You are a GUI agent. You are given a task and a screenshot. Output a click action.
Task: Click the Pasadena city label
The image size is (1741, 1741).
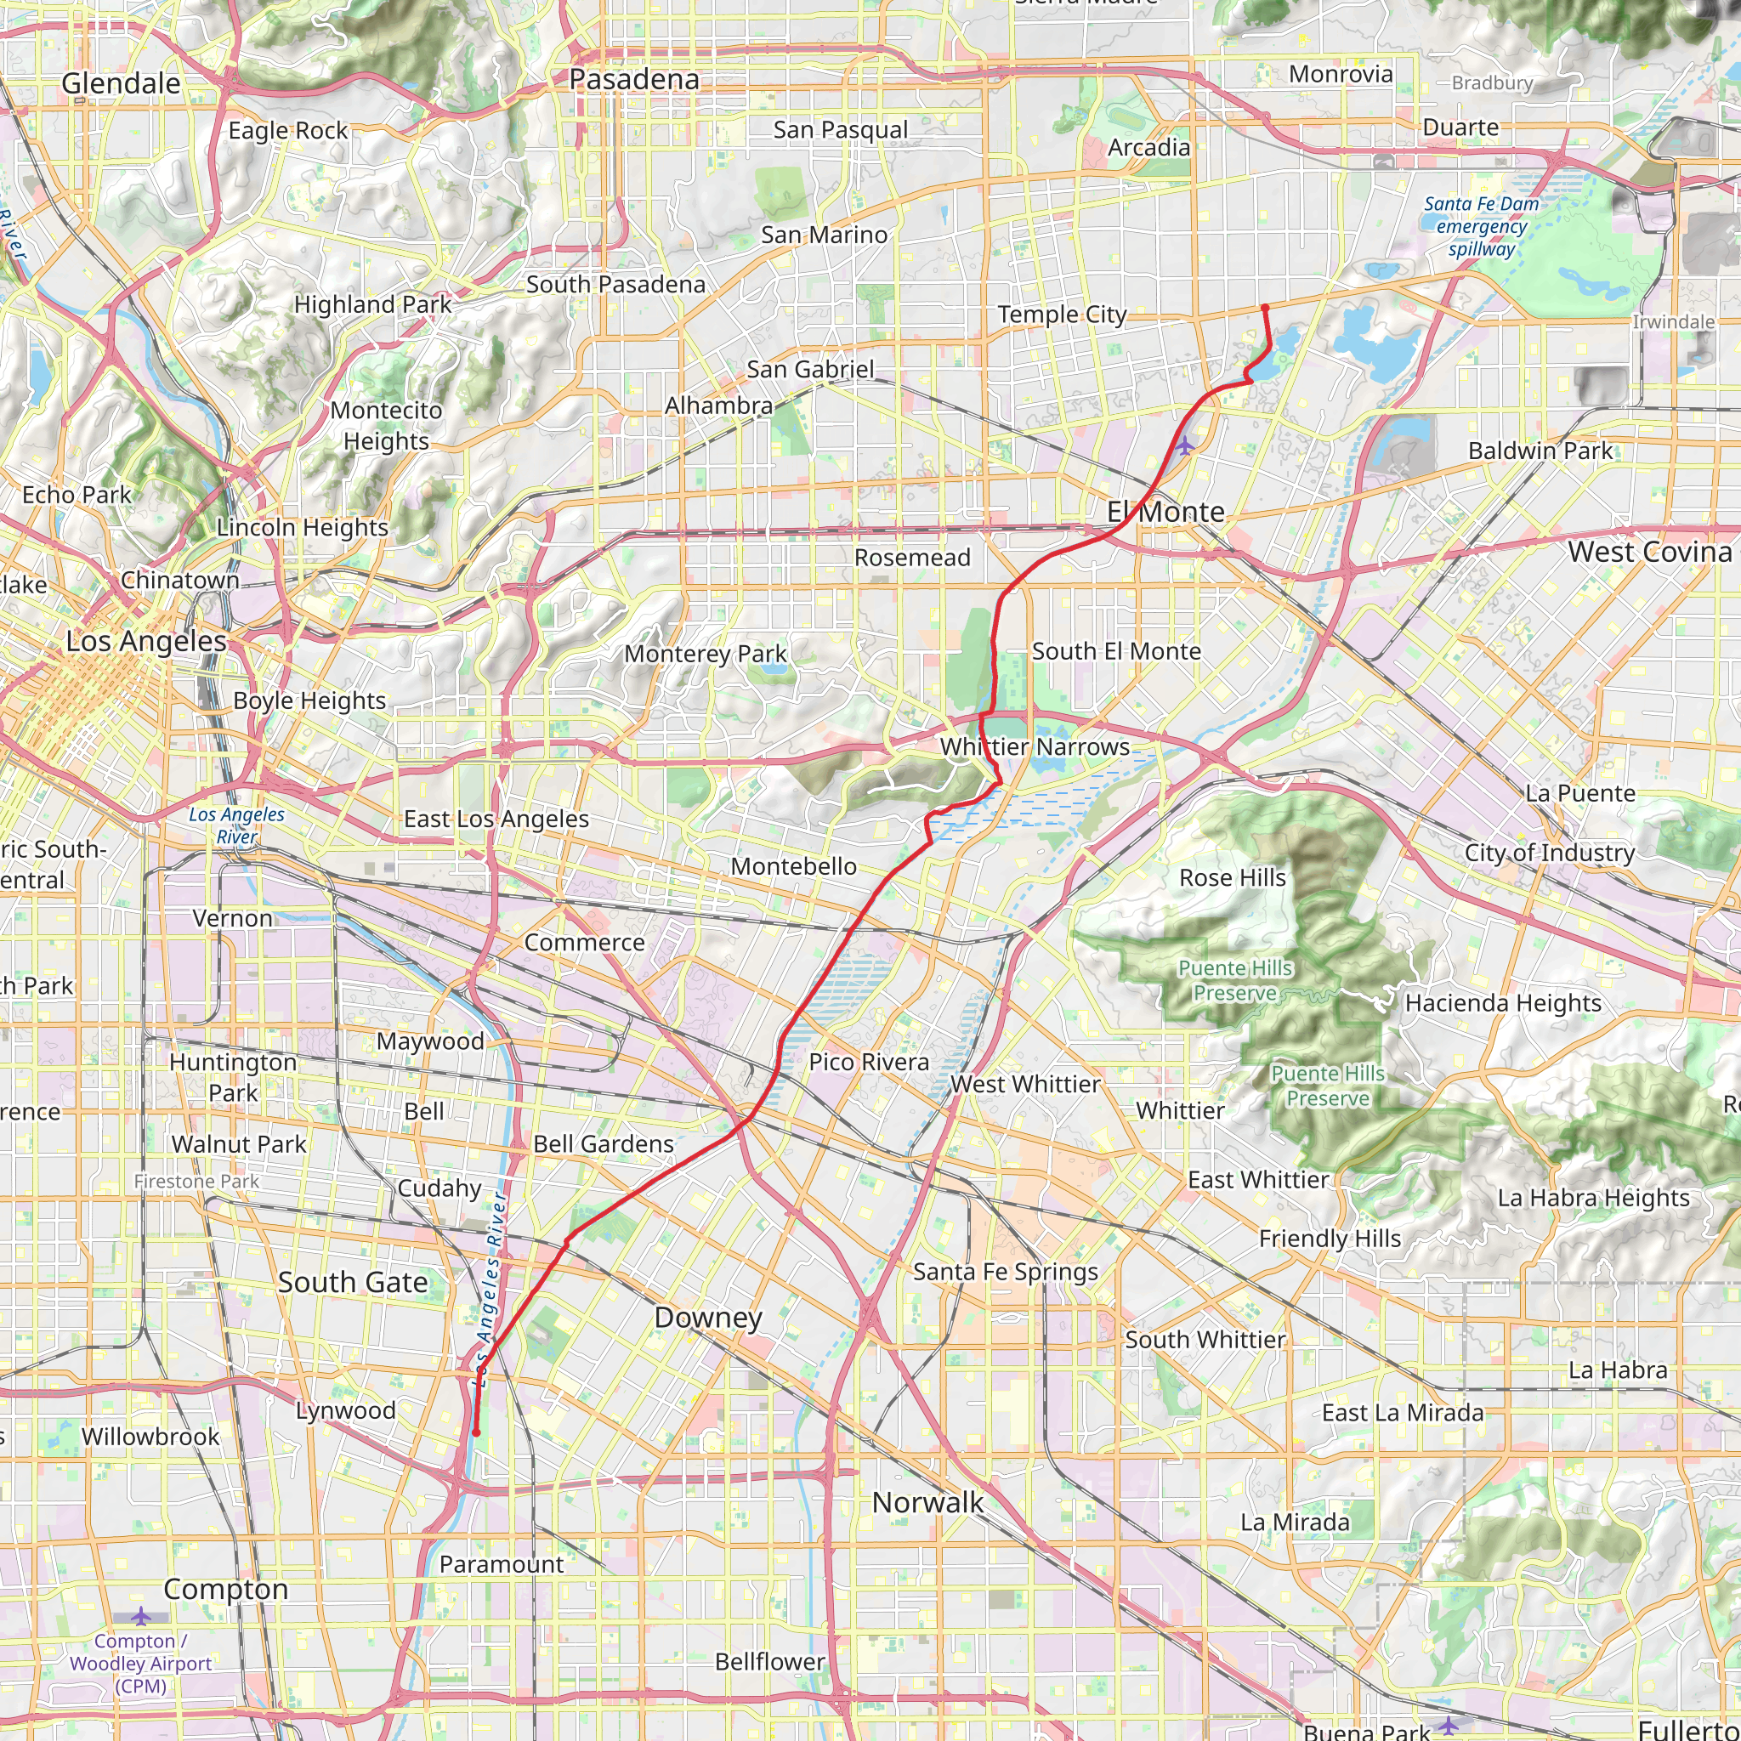pos(633,79)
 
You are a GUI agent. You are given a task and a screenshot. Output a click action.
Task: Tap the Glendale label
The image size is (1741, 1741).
pos(121,84)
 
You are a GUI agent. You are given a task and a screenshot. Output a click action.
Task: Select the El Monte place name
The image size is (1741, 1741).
pos(1165,512)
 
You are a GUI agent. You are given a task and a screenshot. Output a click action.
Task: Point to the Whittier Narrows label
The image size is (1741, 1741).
pos(1035,746)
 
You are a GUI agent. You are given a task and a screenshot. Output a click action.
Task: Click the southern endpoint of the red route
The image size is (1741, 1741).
pos(476,1432)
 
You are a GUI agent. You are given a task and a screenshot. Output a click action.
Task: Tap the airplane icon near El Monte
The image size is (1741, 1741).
pos(1184,445)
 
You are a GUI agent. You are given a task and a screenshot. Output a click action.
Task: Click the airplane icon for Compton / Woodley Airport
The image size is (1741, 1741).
pos(140,1616)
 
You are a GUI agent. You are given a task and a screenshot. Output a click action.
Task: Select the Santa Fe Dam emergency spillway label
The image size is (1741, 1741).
pos(1482,226)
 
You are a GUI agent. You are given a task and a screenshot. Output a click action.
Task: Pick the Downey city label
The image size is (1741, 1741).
pos(708,1318)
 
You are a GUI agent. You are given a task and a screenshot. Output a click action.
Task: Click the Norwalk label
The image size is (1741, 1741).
pos(927,1502)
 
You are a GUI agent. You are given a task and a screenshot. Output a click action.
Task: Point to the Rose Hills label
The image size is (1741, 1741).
pos(1232,877)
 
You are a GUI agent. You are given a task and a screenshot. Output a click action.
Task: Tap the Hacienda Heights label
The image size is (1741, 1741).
pos(1503,1003)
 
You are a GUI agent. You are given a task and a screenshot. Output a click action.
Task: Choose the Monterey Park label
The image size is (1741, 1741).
pos(706,654)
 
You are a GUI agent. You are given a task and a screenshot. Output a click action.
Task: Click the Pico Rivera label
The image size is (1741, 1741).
pos(869,1062)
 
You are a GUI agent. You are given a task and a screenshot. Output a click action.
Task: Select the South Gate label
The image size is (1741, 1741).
pos(352,1282)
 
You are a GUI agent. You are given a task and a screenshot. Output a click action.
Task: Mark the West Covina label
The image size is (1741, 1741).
pos(1649,552)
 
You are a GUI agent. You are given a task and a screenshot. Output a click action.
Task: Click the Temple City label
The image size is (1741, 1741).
pos(1062,315)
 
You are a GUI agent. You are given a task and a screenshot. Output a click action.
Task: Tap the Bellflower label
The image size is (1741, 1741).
pos(769,1662)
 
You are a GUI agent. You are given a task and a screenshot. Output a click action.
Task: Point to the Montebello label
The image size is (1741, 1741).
pos(793,866)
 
